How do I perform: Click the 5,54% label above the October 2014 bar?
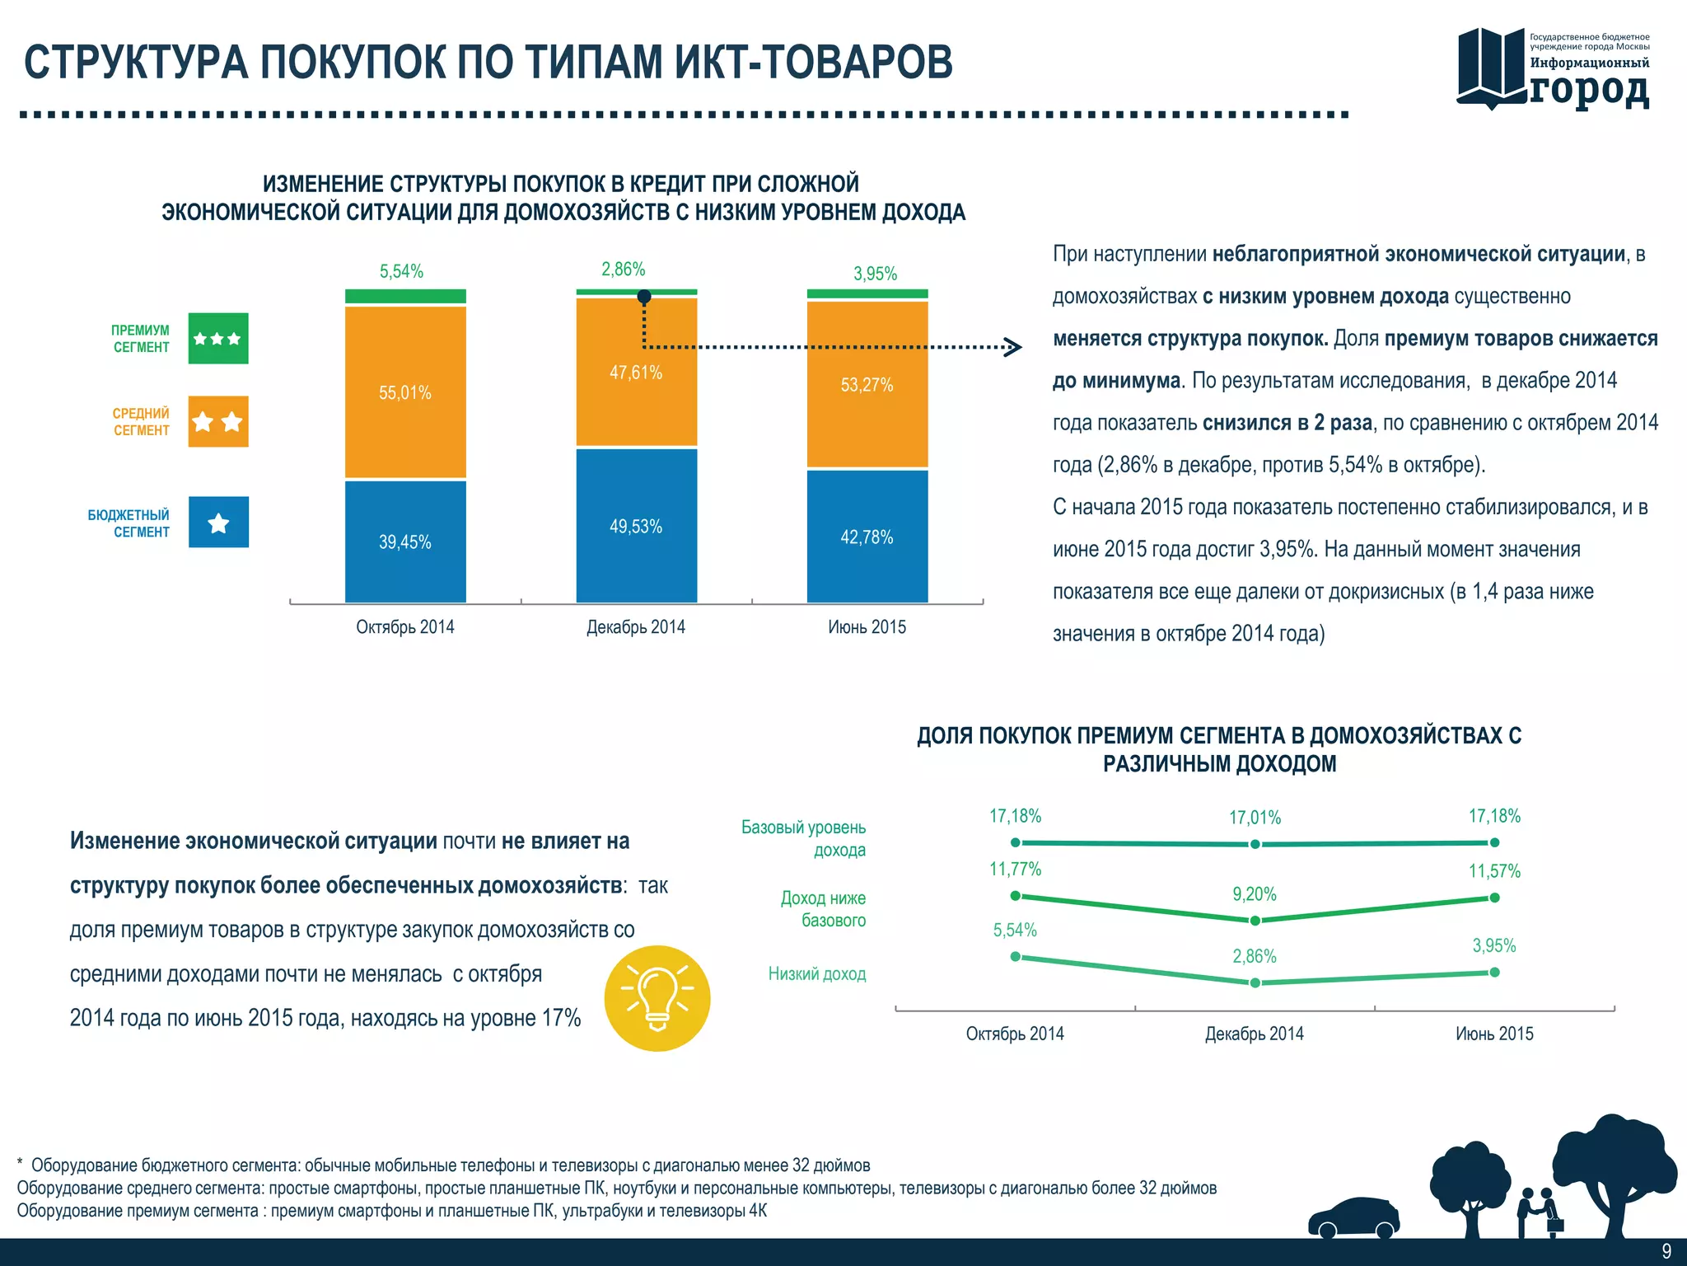401,271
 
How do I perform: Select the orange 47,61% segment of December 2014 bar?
636,373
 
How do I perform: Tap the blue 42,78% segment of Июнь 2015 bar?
867,537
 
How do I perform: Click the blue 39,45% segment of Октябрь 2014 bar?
404,542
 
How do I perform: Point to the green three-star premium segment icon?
218,339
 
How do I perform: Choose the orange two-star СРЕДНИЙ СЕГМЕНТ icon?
218,422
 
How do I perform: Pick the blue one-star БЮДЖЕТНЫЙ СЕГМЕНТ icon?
218,523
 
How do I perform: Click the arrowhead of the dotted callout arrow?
1014,347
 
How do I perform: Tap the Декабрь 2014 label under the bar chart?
635,627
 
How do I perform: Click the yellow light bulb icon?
657,998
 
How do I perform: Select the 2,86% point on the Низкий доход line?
1255,982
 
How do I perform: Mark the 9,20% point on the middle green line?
1255,920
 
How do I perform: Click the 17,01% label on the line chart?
1255,818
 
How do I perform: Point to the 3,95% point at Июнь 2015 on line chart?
1494,973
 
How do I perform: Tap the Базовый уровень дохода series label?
804,838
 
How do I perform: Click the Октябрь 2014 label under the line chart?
1015,1034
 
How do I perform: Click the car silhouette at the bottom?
1354,1218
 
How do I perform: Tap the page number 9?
1666,1251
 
